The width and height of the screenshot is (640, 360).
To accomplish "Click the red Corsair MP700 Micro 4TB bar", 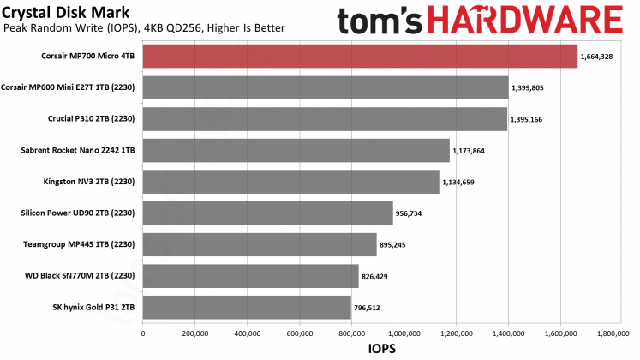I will (360, 56).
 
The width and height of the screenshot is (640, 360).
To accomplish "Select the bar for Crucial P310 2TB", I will (326, 119).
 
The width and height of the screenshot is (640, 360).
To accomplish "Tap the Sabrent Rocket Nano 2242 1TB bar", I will (296, 150).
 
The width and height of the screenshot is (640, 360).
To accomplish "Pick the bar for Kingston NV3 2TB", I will (290, 182).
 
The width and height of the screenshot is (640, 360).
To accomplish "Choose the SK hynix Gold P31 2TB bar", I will (247, 307).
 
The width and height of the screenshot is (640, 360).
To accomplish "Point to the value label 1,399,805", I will (534, 87).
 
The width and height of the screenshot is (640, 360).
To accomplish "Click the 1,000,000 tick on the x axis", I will (404, 333).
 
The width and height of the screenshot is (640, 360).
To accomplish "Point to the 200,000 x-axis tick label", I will (195, 333).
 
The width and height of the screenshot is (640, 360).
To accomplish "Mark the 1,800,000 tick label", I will (613, 333).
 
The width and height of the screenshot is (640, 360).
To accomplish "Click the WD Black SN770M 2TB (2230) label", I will (80, 276).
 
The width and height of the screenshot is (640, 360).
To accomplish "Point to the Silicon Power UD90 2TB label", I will (80, 213).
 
